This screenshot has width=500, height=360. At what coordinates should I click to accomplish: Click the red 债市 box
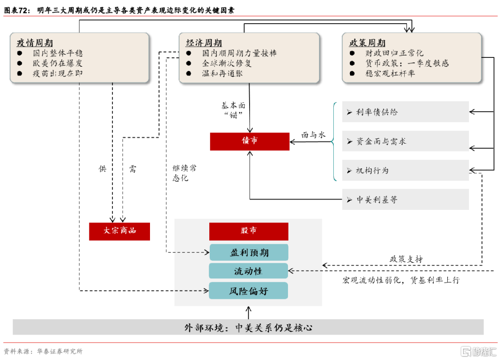coord(250,141)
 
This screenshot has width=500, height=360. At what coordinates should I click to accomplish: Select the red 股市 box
coord(249,231)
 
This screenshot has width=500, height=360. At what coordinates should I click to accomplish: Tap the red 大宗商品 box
coord(119,231)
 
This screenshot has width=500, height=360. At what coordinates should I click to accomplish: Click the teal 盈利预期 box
coord(249,253)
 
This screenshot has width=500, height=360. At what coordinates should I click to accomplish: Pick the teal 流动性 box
coord(249,271)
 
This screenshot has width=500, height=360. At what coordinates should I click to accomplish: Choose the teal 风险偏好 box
coord(249,291)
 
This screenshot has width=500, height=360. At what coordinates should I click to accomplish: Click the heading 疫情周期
coord(35,43)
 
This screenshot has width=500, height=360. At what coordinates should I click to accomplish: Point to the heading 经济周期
coord(204,43)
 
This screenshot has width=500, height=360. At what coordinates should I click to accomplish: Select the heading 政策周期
coord(367,43)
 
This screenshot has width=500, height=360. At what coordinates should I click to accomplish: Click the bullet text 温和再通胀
coord(222,73)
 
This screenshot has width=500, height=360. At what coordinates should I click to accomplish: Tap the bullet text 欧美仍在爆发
coord(58,63)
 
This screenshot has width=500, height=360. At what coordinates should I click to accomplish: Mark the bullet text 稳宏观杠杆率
coord(390,73)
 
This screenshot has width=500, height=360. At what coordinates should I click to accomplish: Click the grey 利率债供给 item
coord(405,112)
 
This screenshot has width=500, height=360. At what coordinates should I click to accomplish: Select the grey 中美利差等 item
coord(405,200)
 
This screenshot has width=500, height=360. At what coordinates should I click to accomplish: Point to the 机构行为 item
coord(405,171)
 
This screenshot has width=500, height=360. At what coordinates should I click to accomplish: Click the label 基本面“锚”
coord(233,110)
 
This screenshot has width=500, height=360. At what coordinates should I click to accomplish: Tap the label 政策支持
coord(406,259)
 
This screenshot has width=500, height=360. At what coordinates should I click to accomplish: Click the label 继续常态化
coord(185,173)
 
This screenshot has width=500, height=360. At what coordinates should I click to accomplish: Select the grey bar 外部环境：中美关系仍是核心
coord(248,327)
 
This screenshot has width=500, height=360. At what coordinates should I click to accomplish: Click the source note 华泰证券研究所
coord(60,351)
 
